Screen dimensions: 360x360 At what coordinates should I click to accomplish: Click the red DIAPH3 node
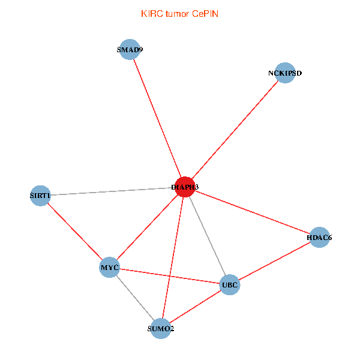[x=185, y=187]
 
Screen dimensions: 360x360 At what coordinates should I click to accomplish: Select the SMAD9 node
[x=130, y=50]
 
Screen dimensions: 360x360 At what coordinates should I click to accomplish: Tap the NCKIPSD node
[x=285, y=73]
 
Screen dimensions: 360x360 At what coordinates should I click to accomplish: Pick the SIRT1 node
[x=40, y=195]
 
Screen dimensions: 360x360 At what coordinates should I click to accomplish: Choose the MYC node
[x=110, y=266]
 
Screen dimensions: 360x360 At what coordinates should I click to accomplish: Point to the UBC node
[x=230, y=284]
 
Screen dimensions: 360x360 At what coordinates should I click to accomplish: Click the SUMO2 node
[x=161, y=328]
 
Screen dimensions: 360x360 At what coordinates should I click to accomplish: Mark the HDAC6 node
[x=319, y=238]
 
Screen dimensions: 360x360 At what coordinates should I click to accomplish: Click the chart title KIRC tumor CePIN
[x=179, y=14]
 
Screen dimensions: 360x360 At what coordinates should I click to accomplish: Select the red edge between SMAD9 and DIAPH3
[x=157, y=119]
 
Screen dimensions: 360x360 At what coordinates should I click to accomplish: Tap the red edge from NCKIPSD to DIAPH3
[x=235, y=130]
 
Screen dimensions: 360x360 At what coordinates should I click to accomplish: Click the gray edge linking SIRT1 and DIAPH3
[x=113, y=191]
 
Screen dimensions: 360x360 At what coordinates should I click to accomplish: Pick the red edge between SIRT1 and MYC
[x=75, y=231]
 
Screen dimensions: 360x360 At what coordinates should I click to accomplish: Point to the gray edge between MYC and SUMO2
[x=136, y=298]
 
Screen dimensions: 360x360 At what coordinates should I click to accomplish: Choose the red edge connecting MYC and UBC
[x=170, y=275]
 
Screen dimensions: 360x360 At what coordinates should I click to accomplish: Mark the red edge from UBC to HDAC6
[x=275, y=261]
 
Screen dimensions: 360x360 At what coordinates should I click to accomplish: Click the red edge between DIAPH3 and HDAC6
[x=252, y=212]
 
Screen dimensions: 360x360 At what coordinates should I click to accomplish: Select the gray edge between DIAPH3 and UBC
[x=208, y=236]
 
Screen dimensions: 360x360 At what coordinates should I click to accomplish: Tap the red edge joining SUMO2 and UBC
[x=196, y=306]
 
